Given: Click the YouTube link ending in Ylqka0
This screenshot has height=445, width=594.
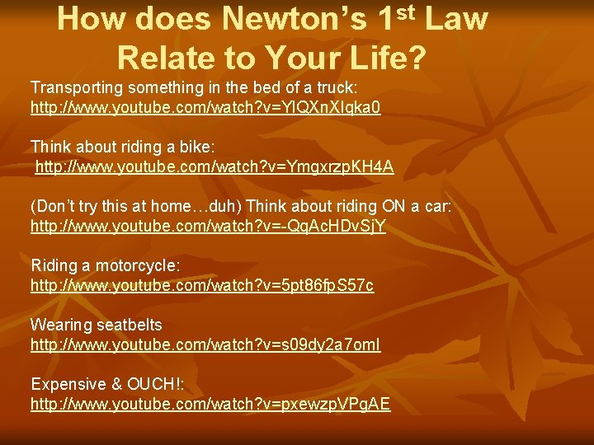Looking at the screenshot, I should click(x=205, y=108).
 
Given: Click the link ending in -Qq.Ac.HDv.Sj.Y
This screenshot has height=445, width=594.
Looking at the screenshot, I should click(x=208, y=226).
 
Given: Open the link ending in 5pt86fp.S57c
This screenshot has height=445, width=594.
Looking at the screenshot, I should click(x=202, y=285).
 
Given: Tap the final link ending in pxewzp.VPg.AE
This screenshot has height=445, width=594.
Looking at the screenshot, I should click(x=210, y=404).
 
